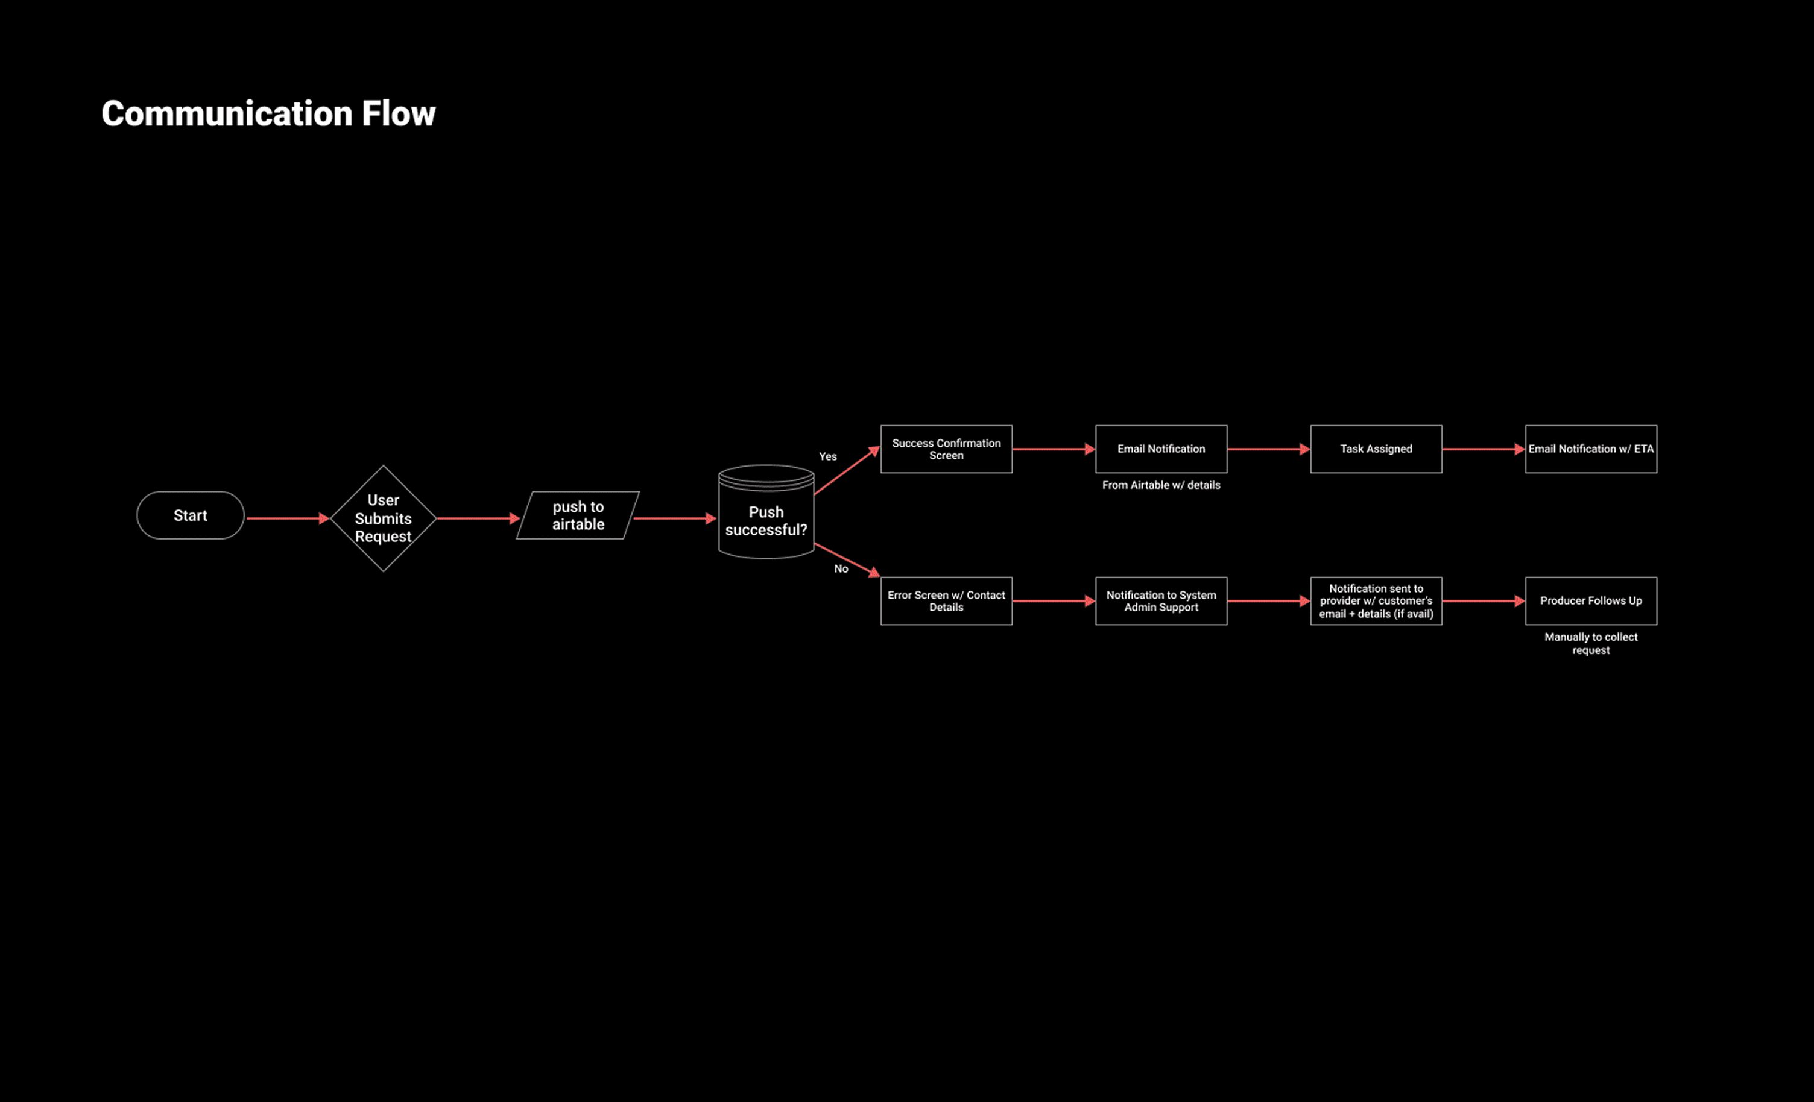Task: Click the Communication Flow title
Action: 268,114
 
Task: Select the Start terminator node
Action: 190,515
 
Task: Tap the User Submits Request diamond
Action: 383,518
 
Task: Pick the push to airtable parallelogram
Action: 578,515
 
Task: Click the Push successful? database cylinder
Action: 766,520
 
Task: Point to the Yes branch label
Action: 827,456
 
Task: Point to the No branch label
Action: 841,568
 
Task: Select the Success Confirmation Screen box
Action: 946,449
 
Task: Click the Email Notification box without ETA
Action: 1161,449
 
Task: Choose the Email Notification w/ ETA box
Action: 1591,449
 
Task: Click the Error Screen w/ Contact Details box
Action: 946,600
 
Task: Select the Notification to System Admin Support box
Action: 1161,600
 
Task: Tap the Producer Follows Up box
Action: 1591,600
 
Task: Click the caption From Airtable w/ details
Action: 1161,485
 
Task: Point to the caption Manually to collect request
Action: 1591,643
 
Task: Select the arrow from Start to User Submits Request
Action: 287,518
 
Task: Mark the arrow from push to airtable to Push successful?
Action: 674,518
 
